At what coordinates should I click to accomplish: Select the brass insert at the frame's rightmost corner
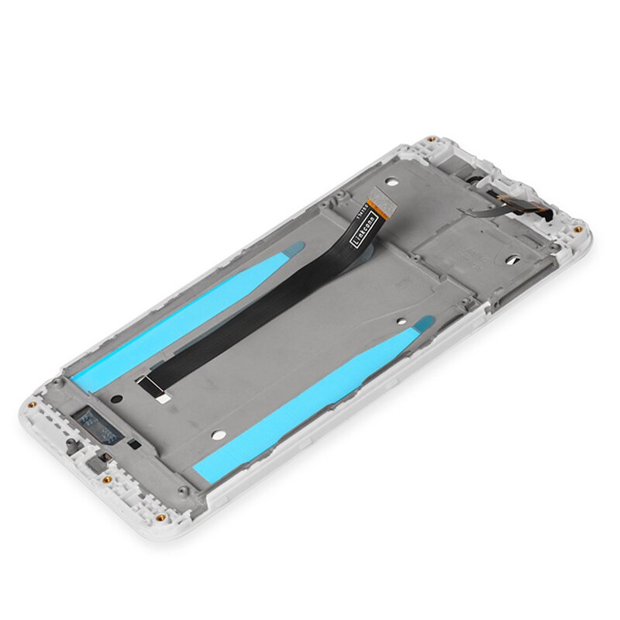click(x=578, y=229)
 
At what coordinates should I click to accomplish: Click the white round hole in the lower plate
click(x=219, y=433)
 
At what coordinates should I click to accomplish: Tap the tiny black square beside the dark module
click(x=130, y=444)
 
